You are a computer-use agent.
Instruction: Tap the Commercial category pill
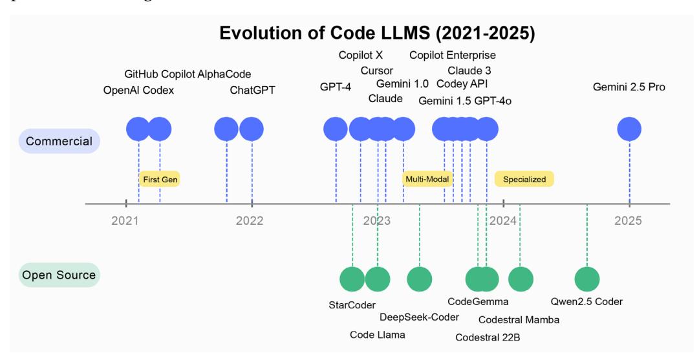59,141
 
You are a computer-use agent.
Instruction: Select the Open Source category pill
59,275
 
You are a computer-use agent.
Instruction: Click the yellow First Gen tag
158,179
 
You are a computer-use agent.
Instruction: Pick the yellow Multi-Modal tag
427,179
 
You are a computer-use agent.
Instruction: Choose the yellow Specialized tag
524,179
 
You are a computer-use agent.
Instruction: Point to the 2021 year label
125,221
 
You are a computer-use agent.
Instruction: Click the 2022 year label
250,221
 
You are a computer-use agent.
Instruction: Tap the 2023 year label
376,221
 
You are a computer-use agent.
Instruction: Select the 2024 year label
503,221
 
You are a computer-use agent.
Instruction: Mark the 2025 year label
628,221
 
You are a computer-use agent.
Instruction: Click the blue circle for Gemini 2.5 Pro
629,129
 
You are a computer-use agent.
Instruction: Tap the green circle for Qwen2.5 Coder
587,279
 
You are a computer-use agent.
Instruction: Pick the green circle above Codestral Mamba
521,279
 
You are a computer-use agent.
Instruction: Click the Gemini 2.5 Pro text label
629,87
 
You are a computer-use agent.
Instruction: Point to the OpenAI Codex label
139,90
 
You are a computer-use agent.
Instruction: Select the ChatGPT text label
253,90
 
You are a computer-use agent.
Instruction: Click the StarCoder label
352,304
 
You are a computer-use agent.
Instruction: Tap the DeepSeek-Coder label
419,317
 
